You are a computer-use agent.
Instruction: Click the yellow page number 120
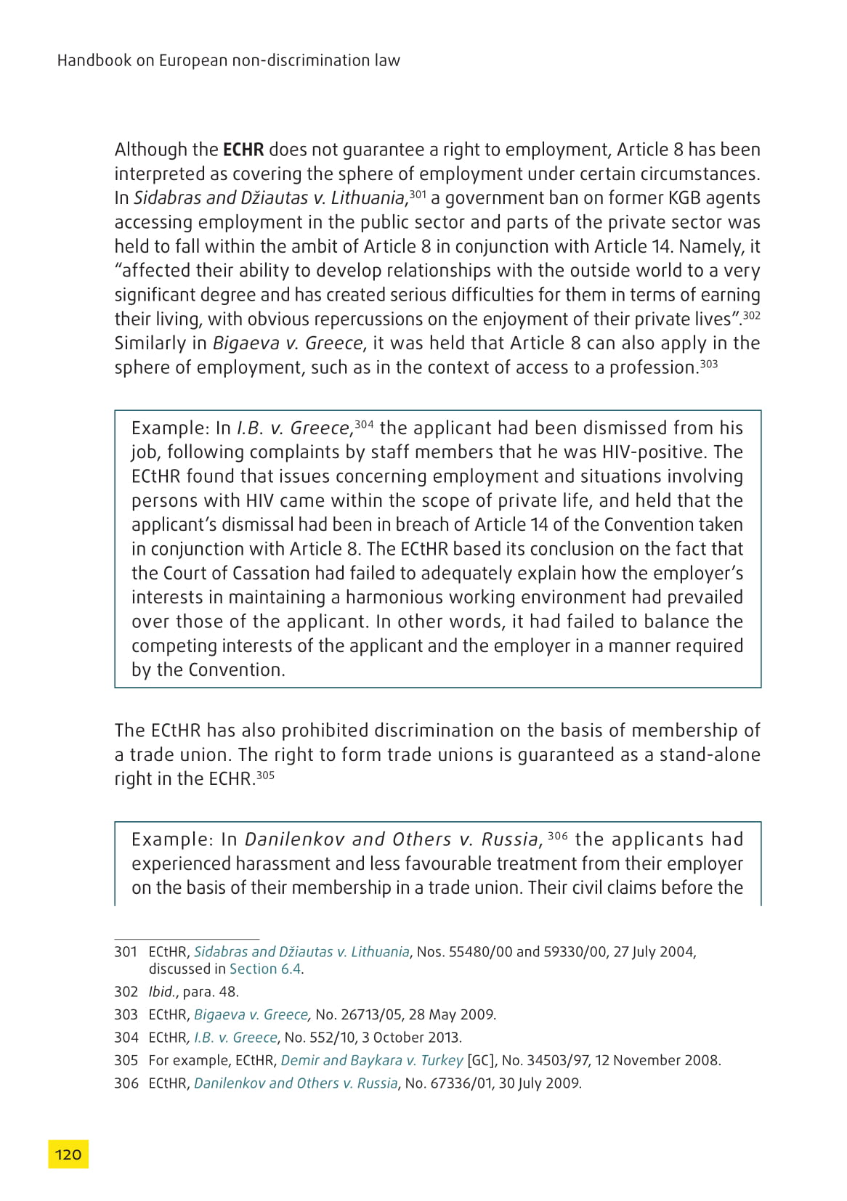click(68, 1155)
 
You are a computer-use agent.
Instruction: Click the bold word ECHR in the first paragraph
click(243, 150)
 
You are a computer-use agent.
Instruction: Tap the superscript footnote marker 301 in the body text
click(417, 194)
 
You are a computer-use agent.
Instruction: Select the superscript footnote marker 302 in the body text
click(751, 315)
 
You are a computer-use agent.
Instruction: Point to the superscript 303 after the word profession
click(708, 364)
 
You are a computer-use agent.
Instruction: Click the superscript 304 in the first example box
click(364, 424)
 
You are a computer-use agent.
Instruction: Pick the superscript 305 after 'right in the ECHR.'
click(265, 775)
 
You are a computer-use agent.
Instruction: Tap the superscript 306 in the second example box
click(557, 836)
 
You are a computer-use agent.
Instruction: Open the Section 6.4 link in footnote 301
click(265, 969)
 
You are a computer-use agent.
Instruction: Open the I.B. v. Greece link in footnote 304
click(235, 1038)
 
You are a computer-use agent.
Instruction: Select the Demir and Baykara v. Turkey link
click(371, 1060)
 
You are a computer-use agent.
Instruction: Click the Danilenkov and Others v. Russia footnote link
click(296, 1083)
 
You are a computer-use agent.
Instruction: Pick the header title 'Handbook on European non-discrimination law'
click(229, 60)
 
